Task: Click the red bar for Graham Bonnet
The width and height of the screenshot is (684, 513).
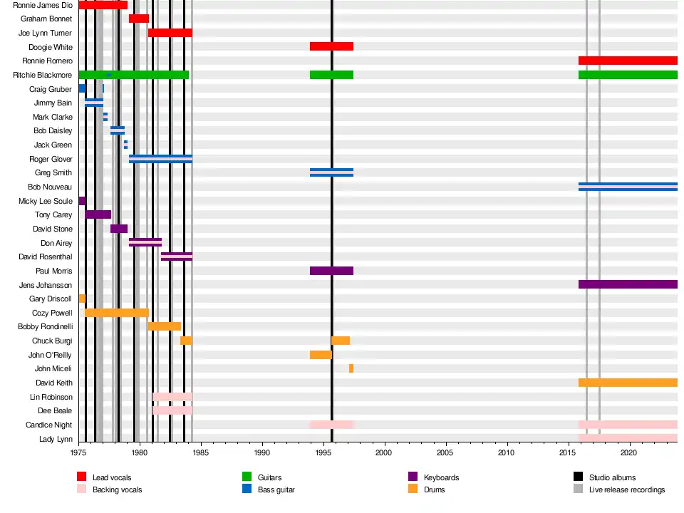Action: [x=139, y=19]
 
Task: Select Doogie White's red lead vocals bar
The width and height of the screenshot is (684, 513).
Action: [x=331, y=46]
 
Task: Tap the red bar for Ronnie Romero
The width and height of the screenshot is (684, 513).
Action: [x=628, y=61]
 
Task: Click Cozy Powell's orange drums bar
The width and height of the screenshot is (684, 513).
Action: [x=117, y=313]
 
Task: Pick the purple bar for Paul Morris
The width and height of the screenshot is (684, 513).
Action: [x=331, y=271]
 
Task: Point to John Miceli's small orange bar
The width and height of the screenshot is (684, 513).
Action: [x=351, y=368]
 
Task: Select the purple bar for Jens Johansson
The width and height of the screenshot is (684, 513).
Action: [x=628, y=284]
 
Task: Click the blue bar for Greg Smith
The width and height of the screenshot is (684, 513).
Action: [x=331, y=172]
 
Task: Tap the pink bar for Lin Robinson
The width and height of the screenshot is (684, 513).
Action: [x=172, y=397]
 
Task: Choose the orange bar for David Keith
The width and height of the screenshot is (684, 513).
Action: [x=628, y=383]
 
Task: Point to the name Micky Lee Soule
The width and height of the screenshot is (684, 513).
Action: [x=46, y=202]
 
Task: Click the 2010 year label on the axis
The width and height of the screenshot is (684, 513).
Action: [x=507, y=452]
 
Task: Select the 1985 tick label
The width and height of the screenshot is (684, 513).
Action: [x=201, y=452]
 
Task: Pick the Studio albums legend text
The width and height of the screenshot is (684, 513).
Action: [x=612, y=477]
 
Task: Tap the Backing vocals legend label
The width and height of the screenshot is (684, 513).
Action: [x=117, y=490]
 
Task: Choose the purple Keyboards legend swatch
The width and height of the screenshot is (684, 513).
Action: [x=413, y=477]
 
